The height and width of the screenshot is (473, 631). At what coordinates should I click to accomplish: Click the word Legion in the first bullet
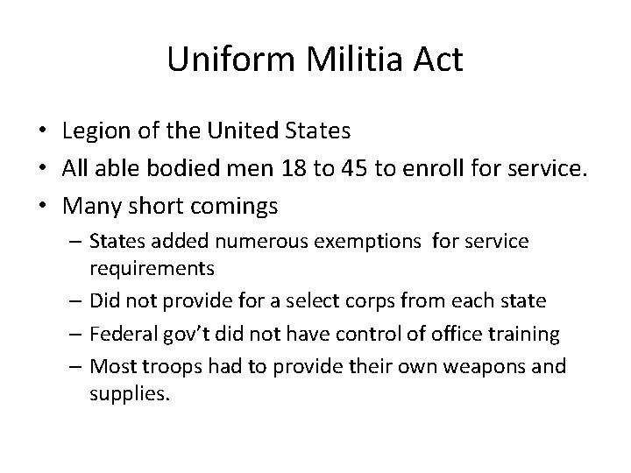pos(92,131)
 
